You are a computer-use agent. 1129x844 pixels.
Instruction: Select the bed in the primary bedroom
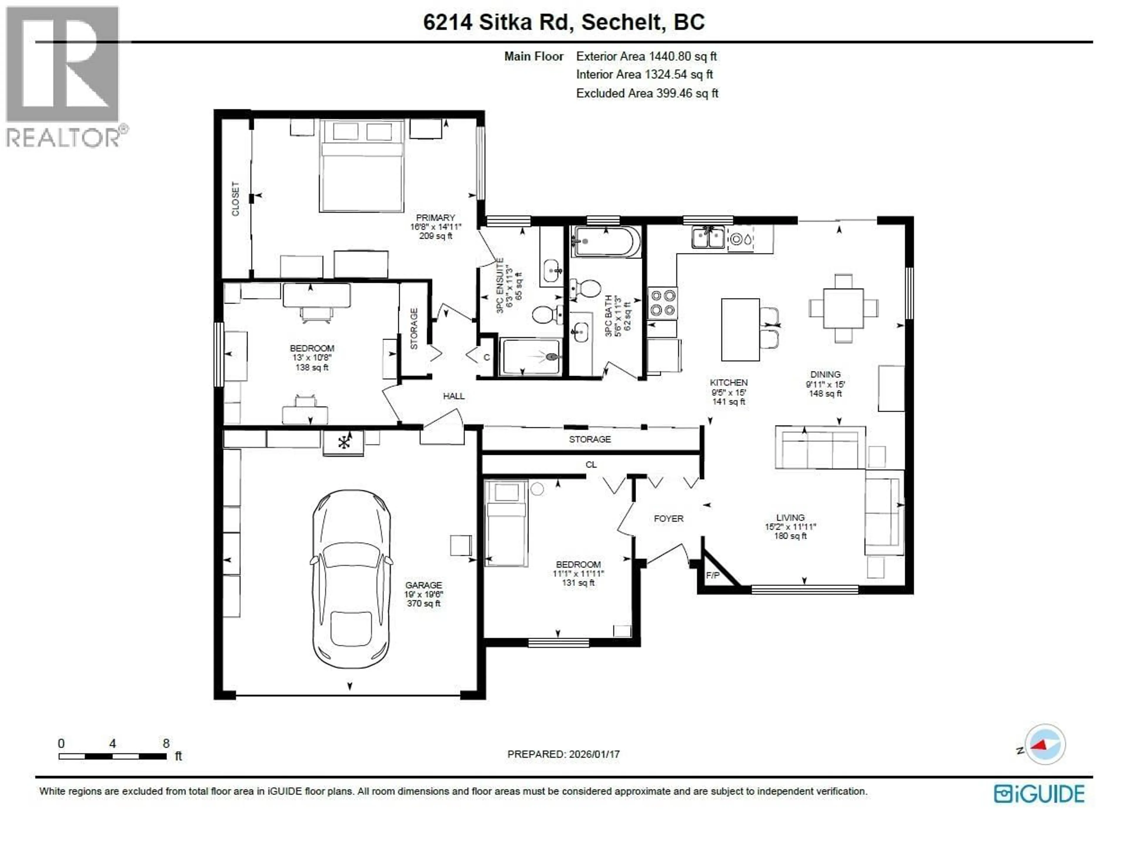pos(361,166)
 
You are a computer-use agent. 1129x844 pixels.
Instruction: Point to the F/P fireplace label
pos(712,575)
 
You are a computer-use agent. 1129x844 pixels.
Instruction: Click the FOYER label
pos(668,519)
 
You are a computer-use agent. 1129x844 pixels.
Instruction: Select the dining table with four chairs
pos(843,308)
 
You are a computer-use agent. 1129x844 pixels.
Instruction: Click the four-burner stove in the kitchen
pos(662,303)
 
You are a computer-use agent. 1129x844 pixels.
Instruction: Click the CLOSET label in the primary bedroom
pos(235,199)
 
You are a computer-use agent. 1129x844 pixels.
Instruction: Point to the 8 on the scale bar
pos(166,743)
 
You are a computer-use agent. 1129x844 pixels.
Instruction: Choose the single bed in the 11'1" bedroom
pos(506,523)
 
